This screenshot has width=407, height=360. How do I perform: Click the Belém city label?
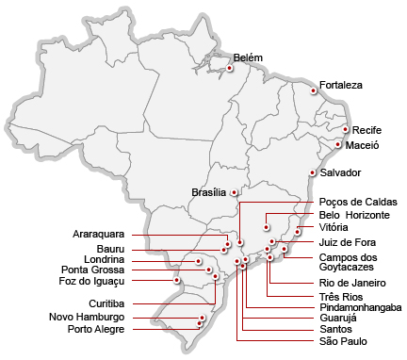[x=248, y=57]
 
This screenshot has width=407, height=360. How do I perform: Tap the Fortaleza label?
[x=341, y=85]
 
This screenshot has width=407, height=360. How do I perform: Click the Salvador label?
[x=340, y=173]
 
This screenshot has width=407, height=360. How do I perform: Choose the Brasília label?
[x=209, y=191]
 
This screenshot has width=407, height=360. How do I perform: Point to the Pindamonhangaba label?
[x=361, y=307]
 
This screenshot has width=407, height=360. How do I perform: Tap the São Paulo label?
[x=341, y=341]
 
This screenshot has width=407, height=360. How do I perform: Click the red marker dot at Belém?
[x=230, y=68]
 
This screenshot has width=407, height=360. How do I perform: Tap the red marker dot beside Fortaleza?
[x=315, y=90]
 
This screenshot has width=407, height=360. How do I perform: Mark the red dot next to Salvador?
[x=313, y=172]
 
